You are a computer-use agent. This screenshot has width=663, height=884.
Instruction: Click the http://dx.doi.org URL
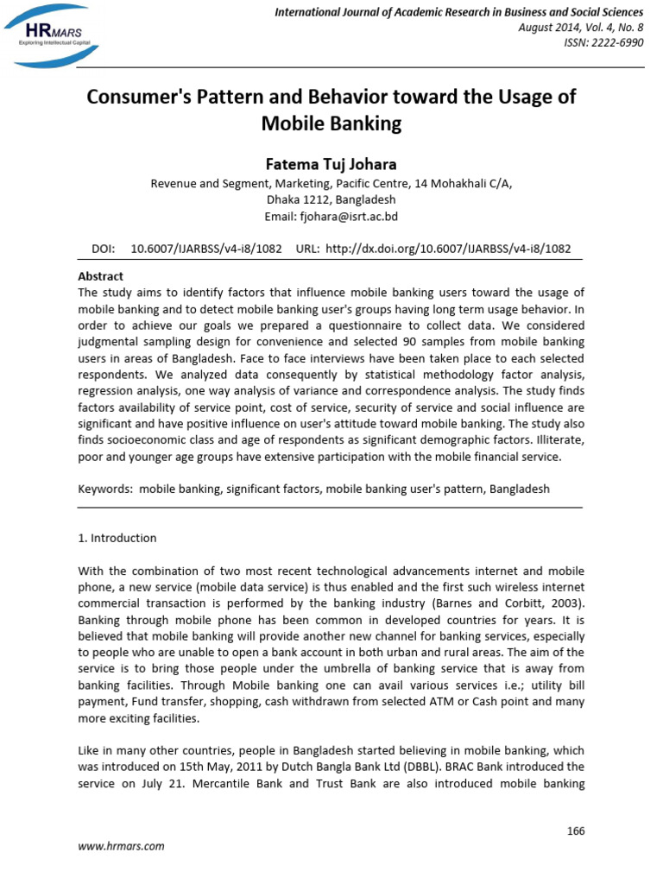tap(446, 249)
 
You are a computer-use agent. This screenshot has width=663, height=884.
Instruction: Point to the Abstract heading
tap(101, 276)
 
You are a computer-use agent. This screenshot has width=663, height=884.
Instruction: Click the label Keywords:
tap(106, 489)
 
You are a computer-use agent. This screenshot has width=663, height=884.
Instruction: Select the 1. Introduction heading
tap(117, 538)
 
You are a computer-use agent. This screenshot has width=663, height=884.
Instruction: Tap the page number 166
tap(575, 830)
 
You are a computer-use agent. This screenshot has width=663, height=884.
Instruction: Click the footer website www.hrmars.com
tap(121, 846)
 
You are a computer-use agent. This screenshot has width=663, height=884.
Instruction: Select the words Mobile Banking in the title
tap(331, 123)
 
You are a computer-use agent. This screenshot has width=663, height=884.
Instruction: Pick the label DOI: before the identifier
tap(104, 249)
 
